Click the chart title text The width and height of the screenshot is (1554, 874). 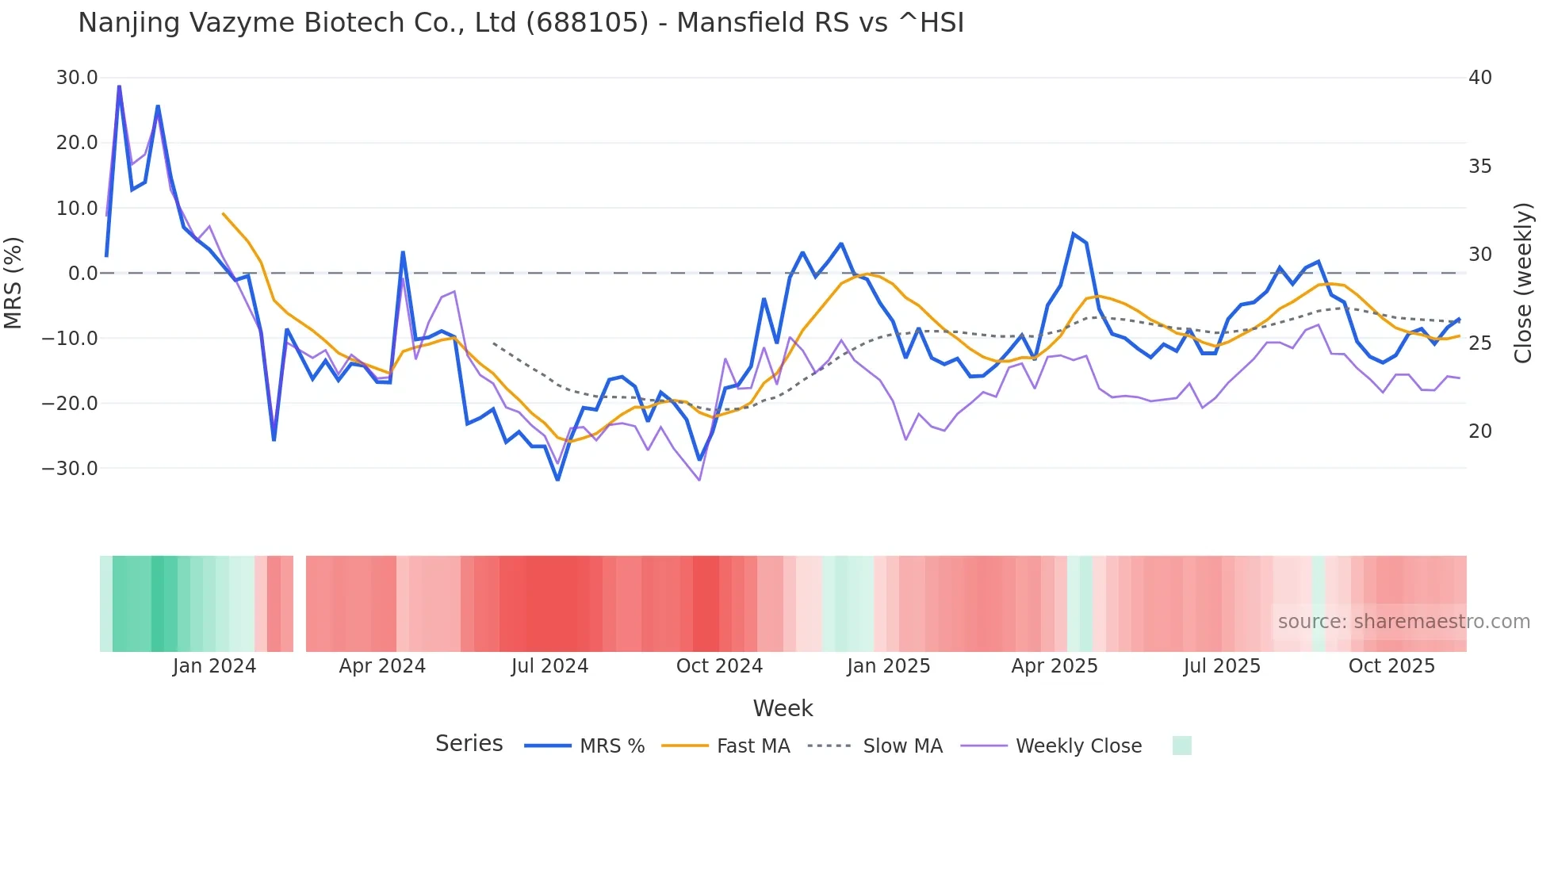(521, 23)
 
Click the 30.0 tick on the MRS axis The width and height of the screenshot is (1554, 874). (77, 78)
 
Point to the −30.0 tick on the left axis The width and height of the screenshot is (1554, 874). (71, 469)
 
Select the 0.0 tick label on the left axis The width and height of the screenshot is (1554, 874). (83, 274)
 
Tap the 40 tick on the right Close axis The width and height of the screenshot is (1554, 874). (1479, 78)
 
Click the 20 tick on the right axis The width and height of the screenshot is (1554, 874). (1479, 431)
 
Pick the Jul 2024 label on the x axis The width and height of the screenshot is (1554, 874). (549, 666)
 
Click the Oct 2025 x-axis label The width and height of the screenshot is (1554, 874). (1391, 666)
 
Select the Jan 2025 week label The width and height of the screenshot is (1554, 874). (888, 666)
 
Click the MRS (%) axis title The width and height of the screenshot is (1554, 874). (13, 282)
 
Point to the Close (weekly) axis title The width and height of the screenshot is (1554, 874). (1522, 283)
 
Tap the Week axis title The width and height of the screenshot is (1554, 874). (783, 708)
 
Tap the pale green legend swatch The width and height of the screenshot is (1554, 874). (1181, 746)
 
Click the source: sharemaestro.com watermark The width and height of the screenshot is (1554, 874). (1403, 622)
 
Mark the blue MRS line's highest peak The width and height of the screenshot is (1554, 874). (119, 86)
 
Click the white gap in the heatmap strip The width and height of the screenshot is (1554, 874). (300, 604)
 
